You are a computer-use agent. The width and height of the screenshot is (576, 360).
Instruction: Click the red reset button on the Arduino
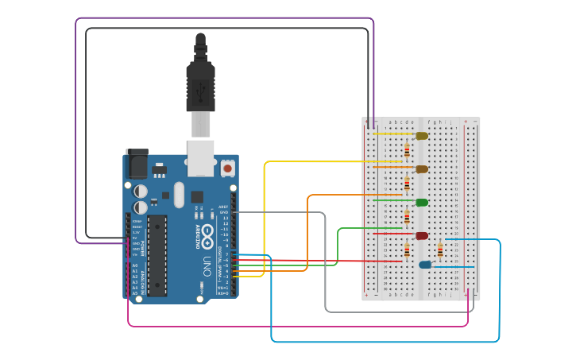point(228,168)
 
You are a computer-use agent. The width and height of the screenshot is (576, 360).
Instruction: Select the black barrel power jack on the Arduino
point(136,164)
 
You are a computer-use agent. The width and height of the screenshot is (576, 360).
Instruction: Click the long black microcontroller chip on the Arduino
point(157,254)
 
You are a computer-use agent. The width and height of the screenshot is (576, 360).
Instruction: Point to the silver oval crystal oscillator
point(179,195)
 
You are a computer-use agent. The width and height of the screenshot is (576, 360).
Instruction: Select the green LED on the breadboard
point(421,202)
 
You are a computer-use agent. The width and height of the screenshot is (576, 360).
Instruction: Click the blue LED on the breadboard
point(425,265)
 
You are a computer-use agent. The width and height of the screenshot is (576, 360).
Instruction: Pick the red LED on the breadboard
point(421,235)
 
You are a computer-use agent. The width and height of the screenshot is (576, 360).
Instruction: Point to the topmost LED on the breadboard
point(421,136)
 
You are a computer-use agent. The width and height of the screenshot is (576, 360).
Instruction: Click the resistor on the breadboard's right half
point(441,251)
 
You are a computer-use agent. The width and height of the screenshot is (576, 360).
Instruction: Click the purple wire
point(222,18)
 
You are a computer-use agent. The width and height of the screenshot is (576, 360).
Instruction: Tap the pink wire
point(294,326)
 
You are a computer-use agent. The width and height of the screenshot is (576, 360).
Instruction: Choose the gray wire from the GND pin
point(326,262)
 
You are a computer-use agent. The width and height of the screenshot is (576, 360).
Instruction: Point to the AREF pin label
point(224,207)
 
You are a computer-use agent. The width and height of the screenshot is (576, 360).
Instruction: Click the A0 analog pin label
point(134,265)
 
